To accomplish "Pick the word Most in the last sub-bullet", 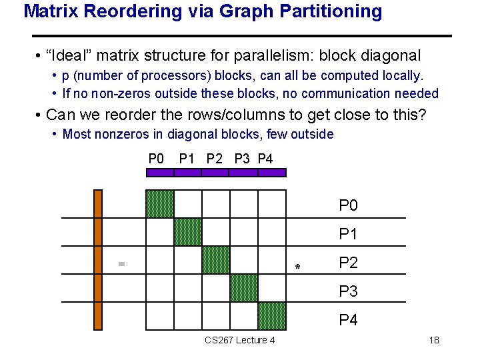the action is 77,134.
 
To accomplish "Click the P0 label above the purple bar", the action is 156,159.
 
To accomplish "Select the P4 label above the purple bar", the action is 265,159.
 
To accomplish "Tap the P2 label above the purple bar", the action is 215,159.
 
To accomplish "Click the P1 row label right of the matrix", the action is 348,234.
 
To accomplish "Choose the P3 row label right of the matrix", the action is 348,291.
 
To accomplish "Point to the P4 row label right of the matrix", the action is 348,320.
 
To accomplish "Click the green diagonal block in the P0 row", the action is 160,204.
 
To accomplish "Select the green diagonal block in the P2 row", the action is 216,260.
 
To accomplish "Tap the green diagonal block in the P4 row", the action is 272,316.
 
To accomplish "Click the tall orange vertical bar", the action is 98,260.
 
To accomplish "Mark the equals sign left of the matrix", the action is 121,264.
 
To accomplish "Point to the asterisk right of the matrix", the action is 298,267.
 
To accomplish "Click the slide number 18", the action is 434,341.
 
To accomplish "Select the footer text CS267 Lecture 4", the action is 240,341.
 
